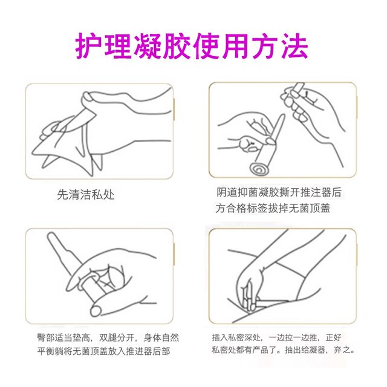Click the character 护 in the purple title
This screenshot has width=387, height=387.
pyautogui.click(x=89, y=45)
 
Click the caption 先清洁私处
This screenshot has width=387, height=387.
pyautogui.click(x=85, y=195)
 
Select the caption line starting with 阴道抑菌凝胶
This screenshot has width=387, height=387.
pyautogui.click(x=279, y=193)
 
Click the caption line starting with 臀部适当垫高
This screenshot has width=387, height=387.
pyautogui.click(x=106, y=337)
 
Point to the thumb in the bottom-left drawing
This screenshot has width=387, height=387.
pyautogui.click(x=96, y=310)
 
